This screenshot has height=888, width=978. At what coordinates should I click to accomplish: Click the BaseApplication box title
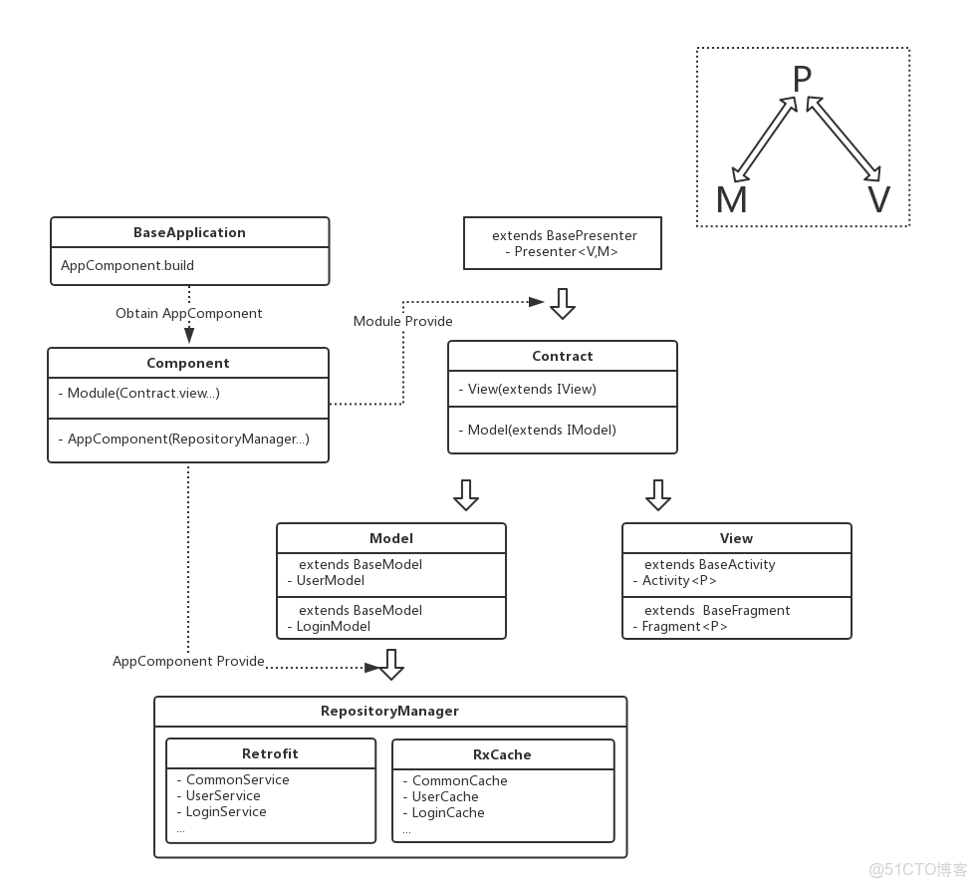[x=189, y=232]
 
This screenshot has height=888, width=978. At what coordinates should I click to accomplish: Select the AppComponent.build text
[x=127, y=265]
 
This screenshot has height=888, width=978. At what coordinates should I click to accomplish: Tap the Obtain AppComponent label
[x=189, y=313]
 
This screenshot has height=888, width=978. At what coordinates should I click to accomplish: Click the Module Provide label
[x=402, y=321]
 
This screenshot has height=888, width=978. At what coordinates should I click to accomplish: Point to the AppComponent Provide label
[x=188, y=661]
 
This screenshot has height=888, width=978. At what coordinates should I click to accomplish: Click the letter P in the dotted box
[x=802, y=80]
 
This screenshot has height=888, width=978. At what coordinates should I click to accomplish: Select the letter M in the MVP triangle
[x=731, y=200]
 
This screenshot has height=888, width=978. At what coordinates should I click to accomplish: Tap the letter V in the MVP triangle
[x=877, y=200]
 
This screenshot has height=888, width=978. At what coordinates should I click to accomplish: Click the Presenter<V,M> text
[x=566, y=252]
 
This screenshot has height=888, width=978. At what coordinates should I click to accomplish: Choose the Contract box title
[x=562, y=356]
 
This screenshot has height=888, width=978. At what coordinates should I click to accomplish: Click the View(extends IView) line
[x=532, y=389]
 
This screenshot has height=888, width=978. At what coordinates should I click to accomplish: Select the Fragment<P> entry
[x=684, y=626]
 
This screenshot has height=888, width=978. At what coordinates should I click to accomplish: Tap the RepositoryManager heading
[x=389, y=711]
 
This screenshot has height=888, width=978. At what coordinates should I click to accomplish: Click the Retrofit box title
[x=270, y=753]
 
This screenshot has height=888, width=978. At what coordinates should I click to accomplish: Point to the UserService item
[x=223, y=795]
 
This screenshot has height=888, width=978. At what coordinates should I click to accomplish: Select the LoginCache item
[x=448, y=812]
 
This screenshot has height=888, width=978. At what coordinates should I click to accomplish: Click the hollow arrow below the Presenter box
[x=563, y=303]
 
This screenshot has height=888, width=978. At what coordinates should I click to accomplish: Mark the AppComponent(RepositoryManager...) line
[x=188, y=439]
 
